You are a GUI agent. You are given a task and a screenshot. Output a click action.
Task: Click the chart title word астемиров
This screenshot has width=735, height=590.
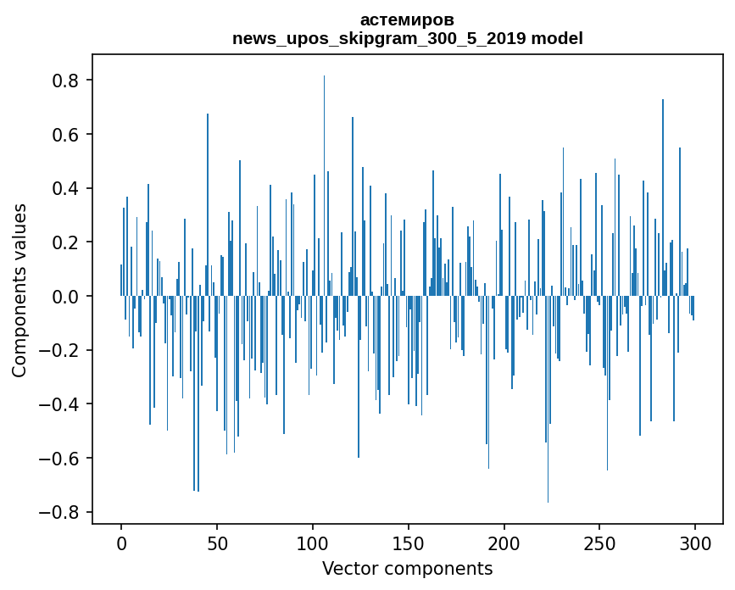pos(407,19)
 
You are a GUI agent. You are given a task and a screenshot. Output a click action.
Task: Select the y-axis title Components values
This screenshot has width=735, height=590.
pos(19,290)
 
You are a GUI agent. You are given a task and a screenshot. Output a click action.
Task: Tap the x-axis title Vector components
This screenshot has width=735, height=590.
pos(407,568)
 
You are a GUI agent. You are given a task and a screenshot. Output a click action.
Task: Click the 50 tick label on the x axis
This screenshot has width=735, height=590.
pos(217,543)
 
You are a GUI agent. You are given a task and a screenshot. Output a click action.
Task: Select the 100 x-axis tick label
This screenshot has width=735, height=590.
pos(313,543)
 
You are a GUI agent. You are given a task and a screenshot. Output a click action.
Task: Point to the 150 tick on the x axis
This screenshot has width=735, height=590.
pos(409,543)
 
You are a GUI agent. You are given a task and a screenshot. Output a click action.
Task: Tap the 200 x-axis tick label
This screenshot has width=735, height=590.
pos(504,543)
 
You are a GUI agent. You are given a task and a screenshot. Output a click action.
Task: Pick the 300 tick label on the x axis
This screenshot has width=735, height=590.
pos(695,543)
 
